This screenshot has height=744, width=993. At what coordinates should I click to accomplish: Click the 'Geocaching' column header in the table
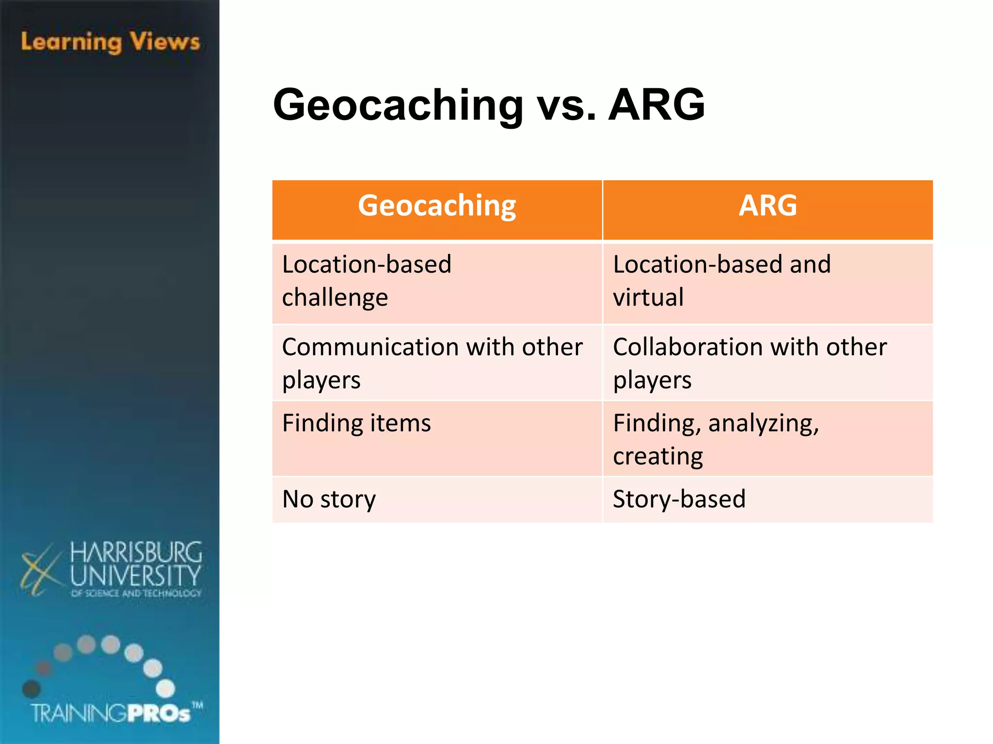click(437, 206)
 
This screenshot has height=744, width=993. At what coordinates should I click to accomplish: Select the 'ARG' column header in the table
click(768, 206)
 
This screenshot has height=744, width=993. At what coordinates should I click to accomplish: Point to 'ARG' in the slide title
click(657, 105)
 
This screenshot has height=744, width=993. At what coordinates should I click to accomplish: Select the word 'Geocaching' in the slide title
click(398, 106)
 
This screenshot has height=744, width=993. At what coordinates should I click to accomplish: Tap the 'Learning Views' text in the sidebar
click(111, 42)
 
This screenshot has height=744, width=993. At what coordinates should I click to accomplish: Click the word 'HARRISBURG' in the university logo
click(136, 553)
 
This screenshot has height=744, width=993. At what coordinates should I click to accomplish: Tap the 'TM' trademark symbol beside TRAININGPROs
click(197, 705)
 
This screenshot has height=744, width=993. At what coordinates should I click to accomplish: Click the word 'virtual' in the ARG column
click(648, 297)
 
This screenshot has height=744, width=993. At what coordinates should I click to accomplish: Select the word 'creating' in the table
click(658, 456)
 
